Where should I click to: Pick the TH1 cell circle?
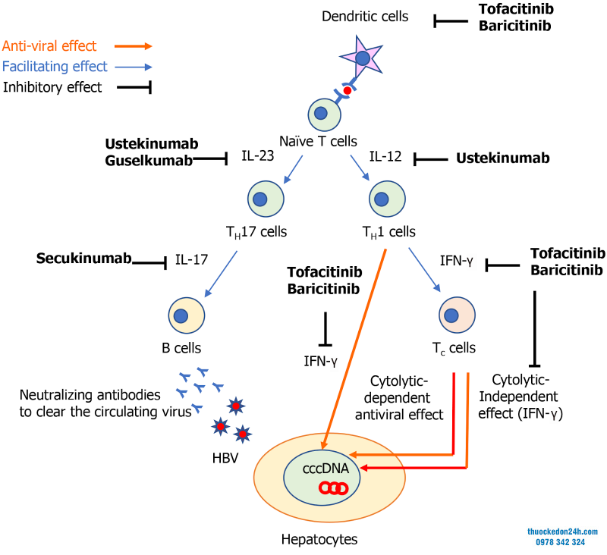(386, 199)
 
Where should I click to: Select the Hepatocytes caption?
(319, 539)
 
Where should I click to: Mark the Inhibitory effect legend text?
(52, 87)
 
